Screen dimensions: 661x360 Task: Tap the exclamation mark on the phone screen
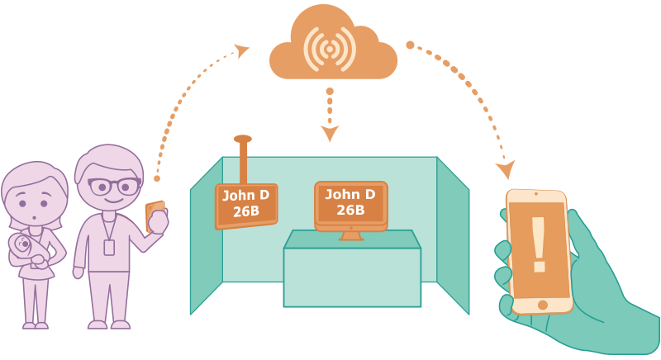pyautogui.click(x=539, y=244)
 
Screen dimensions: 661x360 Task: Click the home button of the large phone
pyautogui.click(x=543, y=305)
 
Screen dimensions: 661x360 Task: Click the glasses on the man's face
pyautogui.click(x=114, y=186)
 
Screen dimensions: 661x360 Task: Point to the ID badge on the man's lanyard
pyautogui.click(x=109, y=248)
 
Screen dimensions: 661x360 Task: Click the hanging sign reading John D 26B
pyautogui.click(x=246, y=206)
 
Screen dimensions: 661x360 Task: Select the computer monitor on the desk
pyautogui.click(x=350, y=206)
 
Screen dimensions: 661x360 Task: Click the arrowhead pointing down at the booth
pyautogui.click(x=330, y=133)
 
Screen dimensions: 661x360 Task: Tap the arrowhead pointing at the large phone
pyautogui.click(x=506, y=169)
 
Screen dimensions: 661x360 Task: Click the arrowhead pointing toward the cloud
pyautogui.click(x=242, y=50)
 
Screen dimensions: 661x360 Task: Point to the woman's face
pyautogui.click(x=35, y=202)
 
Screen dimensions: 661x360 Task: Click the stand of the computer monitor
pyautogui.click(x=351, y=236)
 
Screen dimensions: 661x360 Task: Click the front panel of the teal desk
pyautogui.click(x=352, y=277)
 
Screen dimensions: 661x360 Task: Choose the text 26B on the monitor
pyautogui.click(x=350, y=210)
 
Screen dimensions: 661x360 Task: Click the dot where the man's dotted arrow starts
pyautogui.click(x=157, y=178)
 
